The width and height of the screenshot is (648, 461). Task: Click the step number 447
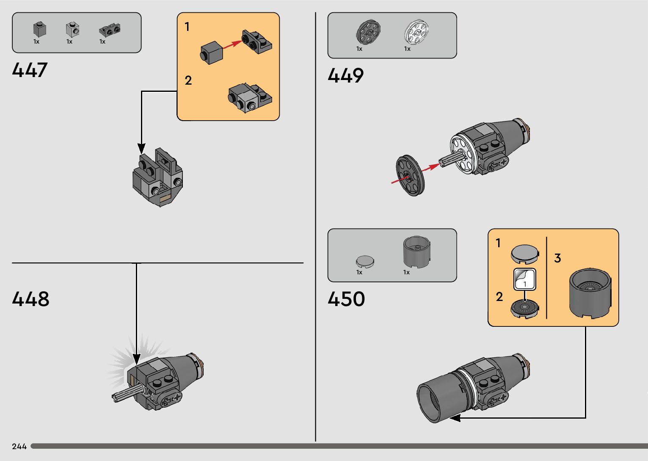[30, 70]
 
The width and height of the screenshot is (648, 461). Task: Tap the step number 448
[30, 299]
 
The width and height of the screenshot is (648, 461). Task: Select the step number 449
[345, 76]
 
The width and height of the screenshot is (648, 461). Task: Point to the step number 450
[346, 299]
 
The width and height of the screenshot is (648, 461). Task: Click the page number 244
[19, 447]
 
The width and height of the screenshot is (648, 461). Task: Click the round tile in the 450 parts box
[365, 261]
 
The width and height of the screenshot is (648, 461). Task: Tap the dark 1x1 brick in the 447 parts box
[39, 29]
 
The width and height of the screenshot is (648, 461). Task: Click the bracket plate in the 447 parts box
[110, 30]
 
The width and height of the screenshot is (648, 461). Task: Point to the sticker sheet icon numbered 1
[525, 279]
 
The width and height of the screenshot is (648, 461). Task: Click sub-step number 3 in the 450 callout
[557, 258]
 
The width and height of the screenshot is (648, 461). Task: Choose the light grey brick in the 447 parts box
[72, 29]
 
